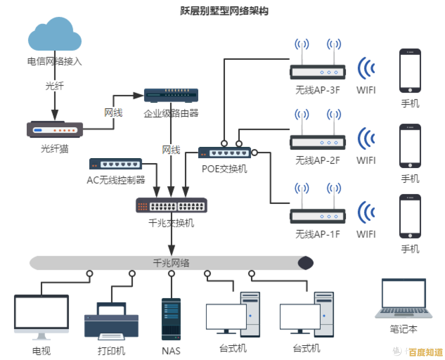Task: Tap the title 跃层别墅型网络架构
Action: (224, 11)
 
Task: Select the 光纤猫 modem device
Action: (55, 129)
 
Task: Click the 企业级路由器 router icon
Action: (171, 96)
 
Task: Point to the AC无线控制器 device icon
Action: (116, 164)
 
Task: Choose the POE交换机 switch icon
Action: (224, 153)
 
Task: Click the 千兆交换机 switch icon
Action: (171, 205)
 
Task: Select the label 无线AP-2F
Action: (317, 160)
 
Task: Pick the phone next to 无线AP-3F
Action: (410, 71)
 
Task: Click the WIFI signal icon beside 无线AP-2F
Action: (366, 138)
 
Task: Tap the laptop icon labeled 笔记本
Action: (403, 299)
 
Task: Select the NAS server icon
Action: (171, 319)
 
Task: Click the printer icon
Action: (111, 320)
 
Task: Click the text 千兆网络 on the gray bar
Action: (171, 263)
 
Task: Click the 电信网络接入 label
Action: (55, 62)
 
